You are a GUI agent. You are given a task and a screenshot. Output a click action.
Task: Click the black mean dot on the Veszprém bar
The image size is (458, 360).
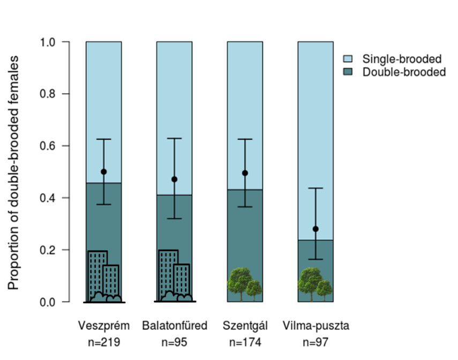coord(103,172)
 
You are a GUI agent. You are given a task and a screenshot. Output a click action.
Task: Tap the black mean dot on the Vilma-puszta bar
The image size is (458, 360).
coord(316,229)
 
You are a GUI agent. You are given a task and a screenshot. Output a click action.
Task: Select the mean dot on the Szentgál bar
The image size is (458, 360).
coord(245,173)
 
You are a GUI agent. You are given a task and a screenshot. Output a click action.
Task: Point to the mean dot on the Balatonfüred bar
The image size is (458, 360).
coord(174,179)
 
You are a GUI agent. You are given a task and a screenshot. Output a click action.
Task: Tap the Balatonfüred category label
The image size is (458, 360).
coord(175,326)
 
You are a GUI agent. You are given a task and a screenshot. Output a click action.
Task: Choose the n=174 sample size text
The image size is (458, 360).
coord(245,342)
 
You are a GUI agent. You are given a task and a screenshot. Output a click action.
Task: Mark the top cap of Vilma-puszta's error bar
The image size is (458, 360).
coord(316,188)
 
